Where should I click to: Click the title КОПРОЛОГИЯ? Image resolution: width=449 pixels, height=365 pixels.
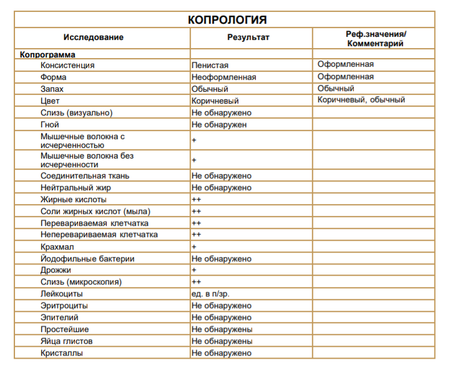pyautogui.click(x=227, y=20)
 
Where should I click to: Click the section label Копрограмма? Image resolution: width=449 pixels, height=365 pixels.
pyautogui.click(x=47, y=55)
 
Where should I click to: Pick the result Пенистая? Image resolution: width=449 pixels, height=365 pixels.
pyautogui.click(x=210, y=66)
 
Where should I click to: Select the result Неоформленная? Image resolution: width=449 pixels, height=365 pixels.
pyautogui.click(x=224, y=77)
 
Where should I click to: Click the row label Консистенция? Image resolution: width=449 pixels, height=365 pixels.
pyautogui.click(x=67, y=66)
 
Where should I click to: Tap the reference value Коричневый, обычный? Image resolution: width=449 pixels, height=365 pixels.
pyautogui.click(x=361, y=100)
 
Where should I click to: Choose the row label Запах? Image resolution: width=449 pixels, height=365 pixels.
pyautogui.click(x=52, y=89)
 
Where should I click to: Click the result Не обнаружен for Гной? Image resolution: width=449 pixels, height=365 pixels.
pyautogui.click(x=219, y=125)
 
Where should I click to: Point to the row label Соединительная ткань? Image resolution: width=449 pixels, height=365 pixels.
pyautogui.click(x=85, y=176)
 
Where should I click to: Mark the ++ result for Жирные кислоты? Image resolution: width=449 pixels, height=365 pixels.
pyautogui.click(x=196, y=200)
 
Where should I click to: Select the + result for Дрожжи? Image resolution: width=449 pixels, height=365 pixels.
pyautogui.click(x=194, y=270)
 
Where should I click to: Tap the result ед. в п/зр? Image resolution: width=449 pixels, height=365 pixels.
pyautogui.click(x=212, y=294)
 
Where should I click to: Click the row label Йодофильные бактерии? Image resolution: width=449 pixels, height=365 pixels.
pyautogui.click(x=87, y=259)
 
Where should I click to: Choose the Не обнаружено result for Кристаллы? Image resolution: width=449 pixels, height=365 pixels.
pyautogui.click(x=221, y=353)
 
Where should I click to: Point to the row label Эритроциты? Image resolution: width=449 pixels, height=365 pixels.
pyautogui.click(x=64, y=306)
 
